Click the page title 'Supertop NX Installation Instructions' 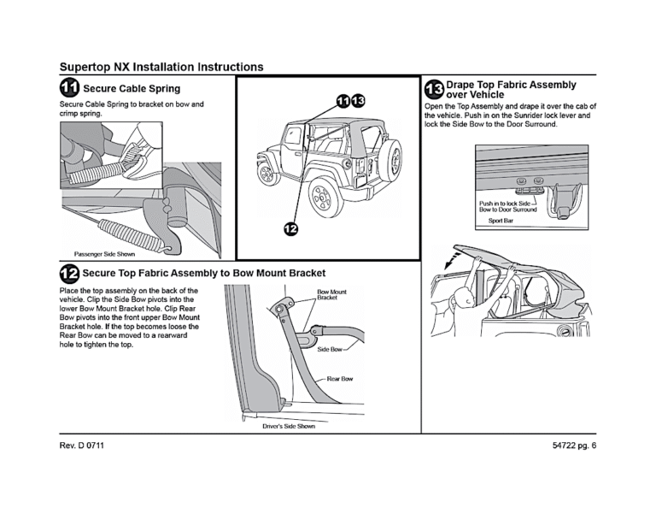161,67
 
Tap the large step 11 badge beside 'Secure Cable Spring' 70,88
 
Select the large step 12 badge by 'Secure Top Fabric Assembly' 70,274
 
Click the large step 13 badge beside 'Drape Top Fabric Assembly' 434,89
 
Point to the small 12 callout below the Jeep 291,228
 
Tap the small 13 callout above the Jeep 358,101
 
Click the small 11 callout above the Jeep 343,101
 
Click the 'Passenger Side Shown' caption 99,253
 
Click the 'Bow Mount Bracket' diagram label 331,294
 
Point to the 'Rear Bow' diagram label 339,378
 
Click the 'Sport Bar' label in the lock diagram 501,220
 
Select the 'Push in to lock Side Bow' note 507,205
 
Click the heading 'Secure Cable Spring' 132,89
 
